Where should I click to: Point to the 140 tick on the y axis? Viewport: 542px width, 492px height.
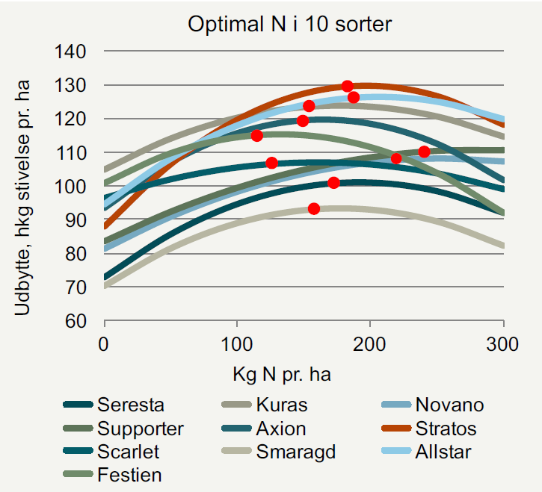(74, 52)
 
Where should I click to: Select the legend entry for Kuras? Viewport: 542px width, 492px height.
(280, 406)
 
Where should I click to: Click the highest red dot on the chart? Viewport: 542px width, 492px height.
(348, 87)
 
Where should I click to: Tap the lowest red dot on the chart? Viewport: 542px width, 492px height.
(314, 208)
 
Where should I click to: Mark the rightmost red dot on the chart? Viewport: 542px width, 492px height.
(424, 152)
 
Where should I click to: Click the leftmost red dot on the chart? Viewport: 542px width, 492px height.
(257, 136)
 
